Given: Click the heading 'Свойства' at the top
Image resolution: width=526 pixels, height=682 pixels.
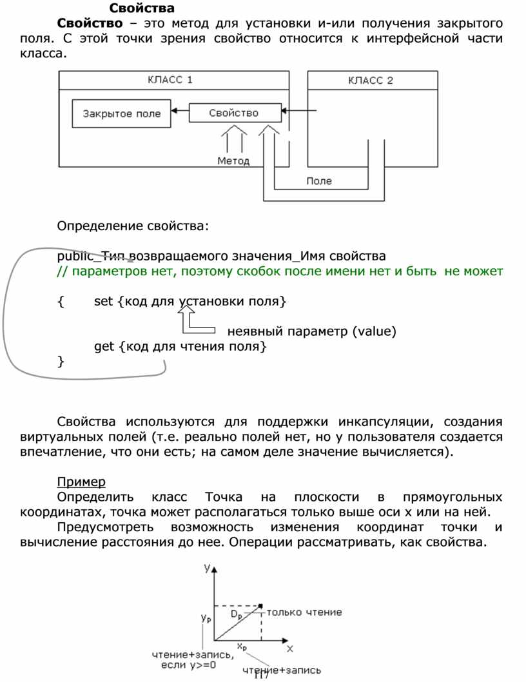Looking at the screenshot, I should pyautogui.click(x=142, y=8).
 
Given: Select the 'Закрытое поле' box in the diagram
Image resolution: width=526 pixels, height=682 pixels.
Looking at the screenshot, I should pyautogui.click(x=122, y=113).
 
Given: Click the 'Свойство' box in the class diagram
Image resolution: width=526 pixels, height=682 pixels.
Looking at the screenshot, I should pyautogui.click(x=234, y=113).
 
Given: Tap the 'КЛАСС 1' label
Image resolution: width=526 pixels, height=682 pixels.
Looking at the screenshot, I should pyautogui.click(x=171, y=81).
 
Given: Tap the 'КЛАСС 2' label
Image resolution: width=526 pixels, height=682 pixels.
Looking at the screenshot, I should pyautogui.click(x=370, y=81).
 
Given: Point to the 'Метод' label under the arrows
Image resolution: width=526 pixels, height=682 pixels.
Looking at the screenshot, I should pyautogui.click(x=233, y=161).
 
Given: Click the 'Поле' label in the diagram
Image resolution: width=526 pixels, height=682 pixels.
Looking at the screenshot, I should pyautogui.click(x=319, y=181).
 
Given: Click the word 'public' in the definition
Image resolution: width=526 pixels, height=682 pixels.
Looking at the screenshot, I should pyautogui.click(x=73, y=255).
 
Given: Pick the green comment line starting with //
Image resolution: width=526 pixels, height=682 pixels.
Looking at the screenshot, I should pyautogui.click(x=279, y=271).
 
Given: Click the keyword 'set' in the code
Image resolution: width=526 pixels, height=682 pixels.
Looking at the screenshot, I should pyautogui.click(x=103, y=301).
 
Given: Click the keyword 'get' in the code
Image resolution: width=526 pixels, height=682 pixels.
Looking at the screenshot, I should pyautogui.click(x=104, y=346).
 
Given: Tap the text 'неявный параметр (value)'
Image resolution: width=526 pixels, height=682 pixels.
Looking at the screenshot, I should pyautogui.click(x=311, y=332).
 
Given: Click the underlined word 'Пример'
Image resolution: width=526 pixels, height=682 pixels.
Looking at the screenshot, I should pyautogui.click(x=81, y=482).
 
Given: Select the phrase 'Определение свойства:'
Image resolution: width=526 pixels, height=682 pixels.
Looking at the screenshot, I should pyautogui.click(x=133, y=226).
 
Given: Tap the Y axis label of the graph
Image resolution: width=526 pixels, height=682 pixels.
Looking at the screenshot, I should pyautogui.click(x=208, y=568).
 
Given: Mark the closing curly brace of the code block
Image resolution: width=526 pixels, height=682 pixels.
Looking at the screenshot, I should pyautogui.click(x=61, y=362).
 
